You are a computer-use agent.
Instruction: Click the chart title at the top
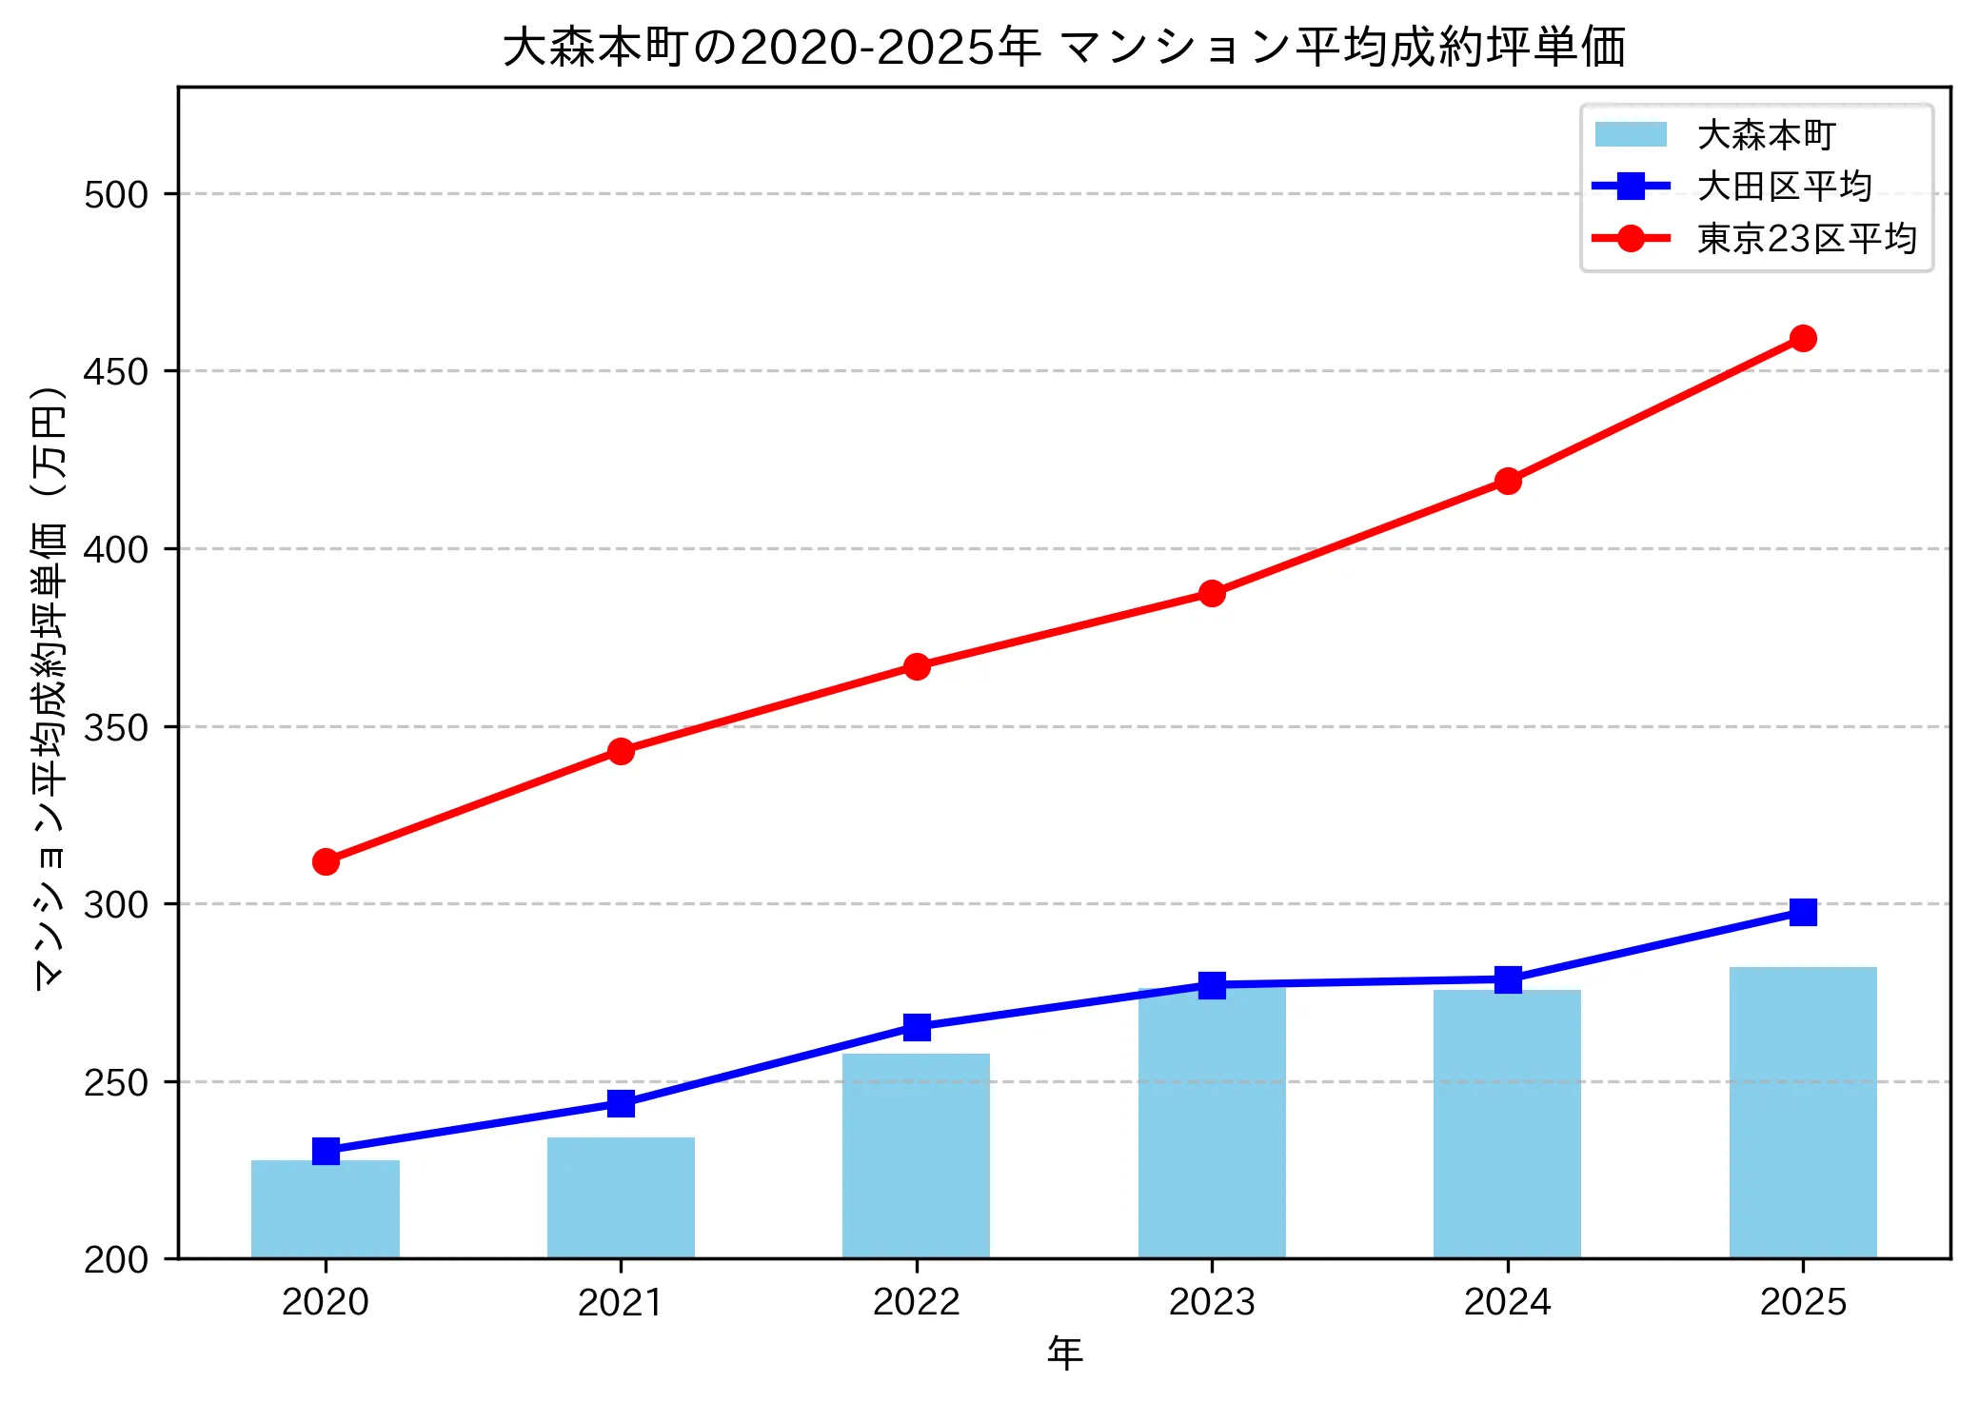pos(1063,48)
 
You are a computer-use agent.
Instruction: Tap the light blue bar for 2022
pos(916,1156)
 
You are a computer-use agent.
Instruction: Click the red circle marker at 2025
pos(1802,338)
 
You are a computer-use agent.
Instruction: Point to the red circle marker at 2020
pos(326,861)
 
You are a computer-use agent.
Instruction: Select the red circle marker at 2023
pos(1212,593)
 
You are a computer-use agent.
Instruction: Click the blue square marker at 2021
pos(621,1103)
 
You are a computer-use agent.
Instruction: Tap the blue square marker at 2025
pos(1802,912)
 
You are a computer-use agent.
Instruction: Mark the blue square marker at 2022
pos(916,1026)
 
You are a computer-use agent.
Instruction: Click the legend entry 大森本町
pos(1766,135)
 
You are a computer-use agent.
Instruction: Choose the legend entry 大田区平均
pos(1784,187)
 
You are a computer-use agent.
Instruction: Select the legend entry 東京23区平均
pos(1806,238)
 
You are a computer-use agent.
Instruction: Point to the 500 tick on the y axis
pos(116,194)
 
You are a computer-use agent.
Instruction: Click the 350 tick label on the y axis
pos(116,727)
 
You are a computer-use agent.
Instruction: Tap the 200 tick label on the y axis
pos(116,1259)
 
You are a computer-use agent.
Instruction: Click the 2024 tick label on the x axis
pos(1507,1301)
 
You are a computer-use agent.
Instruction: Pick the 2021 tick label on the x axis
pos(621,1301)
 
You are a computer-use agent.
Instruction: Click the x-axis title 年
pos(1064,1353)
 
